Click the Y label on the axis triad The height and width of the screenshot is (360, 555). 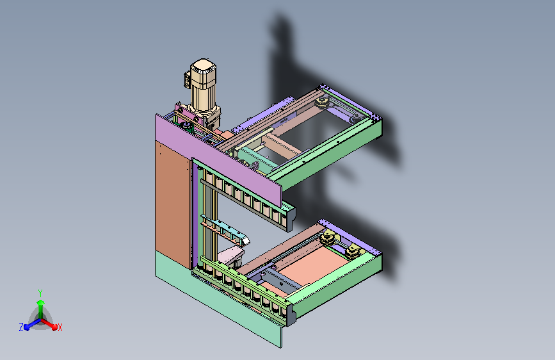[40, 293]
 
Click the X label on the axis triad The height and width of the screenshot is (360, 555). [60, 327]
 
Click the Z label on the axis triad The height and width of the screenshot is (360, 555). [21, 327]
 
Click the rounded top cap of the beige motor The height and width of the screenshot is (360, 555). [203, 67]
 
